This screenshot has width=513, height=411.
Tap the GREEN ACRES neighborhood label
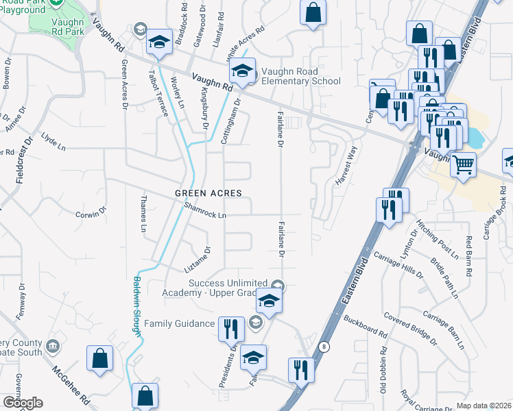pos(208,193)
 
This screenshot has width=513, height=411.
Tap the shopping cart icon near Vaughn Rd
pos(464,164)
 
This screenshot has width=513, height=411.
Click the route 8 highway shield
pos(324,347)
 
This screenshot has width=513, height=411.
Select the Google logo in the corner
pos(23,403)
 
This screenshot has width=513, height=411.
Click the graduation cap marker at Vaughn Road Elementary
pos(242,71)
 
